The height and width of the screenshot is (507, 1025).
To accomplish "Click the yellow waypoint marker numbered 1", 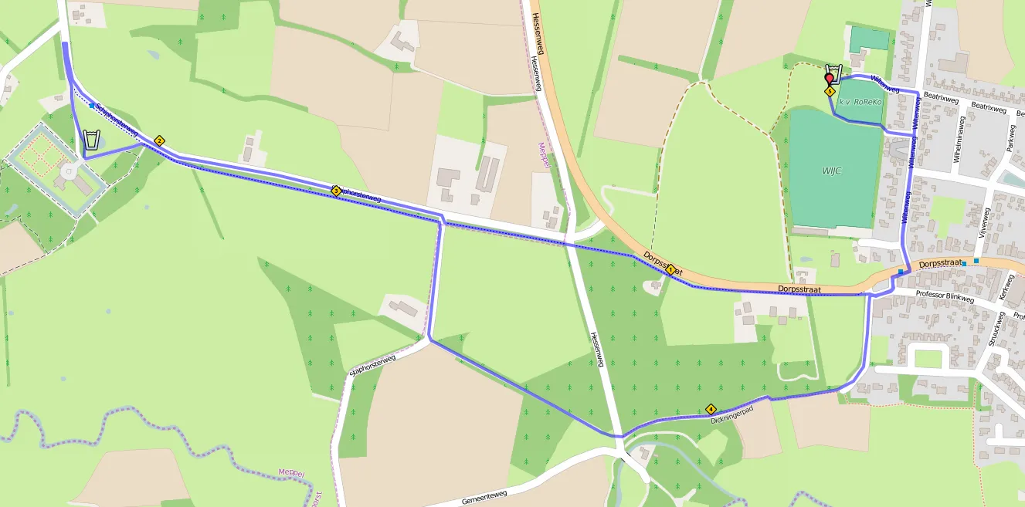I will click(x=670, y=270).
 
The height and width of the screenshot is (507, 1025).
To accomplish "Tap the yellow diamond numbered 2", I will click(x=159, y=140).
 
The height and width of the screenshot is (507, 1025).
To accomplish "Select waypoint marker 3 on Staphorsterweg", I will click(x=336, y=190).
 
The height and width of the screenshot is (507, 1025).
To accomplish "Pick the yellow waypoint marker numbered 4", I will click(x=711, y=410).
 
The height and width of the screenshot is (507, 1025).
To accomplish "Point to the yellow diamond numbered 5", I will click(x=830, y=91).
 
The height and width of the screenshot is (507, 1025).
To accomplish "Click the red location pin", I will click(x=830, y=79).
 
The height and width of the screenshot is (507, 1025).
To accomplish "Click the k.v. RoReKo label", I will click(x=860, y=102).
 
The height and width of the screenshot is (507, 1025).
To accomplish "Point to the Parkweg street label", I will click(x=1009, y=137).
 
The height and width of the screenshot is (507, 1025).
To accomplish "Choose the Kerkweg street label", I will click(x=1005, y=290).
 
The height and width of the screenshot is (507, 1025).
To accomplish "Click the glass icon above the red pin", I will click(x=833, y=72).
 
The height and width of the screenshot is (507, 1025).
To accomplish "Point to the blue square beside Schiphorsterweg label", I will click(x=92, y=106).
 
